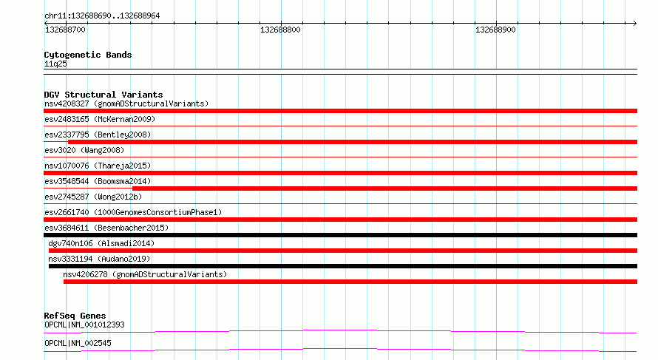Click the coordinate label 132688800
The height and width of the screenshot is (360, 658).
click(280, 30)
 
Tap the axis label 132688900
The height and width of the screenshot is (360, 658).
click(495, 30)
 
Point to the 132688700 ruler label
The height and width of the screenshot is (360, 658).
click(65, 30)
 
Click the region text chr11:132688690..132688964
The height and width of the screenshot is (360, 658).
click(102, 16)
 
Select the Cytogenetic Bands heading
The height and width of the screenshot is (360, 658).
click(88, 55)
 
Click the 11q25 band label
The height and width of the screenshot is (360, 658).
click(55, 64)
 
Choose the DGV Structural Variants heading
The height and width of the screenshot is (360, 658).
click(104, 95)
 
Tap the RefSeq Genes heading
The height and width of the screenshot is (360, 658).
click(75, 316)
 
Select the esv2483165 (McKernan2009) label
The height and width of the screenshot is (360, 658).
click(100, 119)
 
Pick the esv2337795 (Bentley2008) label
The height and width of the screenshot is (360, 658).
click(98, 135)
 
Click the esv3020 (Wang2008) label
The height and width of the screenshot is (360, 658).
click(84, 150)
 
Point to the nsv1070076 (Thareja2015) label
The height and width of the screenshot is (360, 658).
click(98, 166)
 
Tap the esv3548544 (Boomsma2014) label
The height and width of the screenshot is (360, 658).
click(98, 181)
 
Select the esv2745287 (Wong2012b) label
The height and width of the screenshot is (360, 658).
click(93, 197)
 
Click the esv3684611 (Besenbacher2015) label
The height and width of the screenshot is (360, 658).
click(106, 228)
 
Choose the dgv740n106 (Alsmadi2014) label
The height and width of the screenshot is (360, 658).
click(101, 243)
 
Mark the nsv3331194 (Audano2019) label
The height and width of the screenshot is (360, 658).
click(99, 259)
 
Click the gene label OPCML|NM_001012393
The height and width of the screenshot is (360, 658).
click(84, 325)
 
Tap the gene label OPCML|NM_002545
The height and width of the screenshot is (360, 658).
click(78, 343)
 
